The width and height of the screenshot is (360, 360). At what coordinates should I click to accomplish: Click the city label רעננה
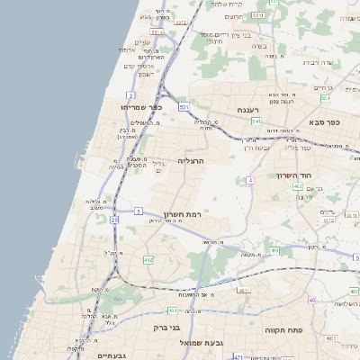248,109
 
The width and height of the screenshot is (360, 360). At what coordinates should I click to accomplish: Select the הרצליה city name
192,160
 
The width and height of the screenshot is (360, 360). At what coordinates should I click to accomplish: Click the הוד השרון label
317,175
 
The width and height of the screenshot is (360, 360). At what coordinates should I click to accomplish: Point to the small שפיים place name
142,41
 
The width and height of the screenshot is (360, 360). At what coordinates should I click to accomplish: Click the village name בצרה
258,45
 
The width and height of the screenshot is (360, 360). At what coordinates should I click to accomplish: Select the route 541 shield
256,121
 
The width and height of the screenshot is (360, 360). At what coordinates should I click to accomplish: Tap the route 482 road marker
147,260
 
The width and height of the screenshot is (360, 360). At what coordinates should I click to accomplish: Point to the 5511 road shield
258,15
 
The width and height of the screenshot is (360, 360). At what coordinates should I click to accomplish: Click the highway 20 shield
114,219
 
